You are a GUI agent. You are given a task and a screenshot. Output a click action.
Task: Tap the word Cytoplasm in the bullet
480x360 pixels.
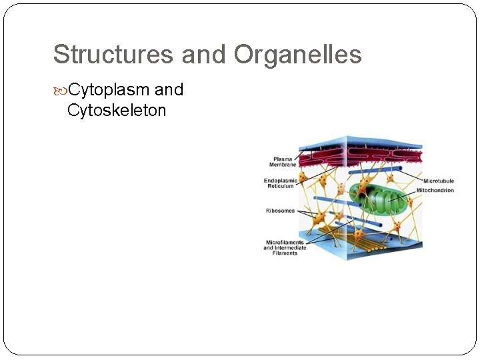click(x=109, y=90)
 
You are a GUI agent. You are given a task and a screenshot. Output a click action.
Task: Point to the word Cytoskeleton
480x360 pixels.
click(x=117, y=110)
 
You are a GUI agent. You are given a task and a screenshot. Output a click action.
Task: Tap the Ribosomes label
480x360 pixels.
click(x=280, y=211)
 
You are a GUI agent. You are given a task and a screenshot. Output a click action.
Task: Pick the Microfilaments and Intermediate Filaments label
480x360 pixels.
click(x=285, y=247)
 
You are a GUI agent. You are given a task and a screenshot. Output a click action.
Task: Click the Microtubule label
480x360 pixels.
click(x=438, y=181)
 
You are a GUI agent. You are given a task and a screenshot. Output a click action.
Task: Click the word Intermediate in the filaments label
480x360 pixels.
click(x=291, y=248)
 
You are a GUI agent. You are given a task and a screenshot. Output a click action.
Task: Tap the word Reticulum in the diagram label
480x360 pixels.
click(x=281, y=186)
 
